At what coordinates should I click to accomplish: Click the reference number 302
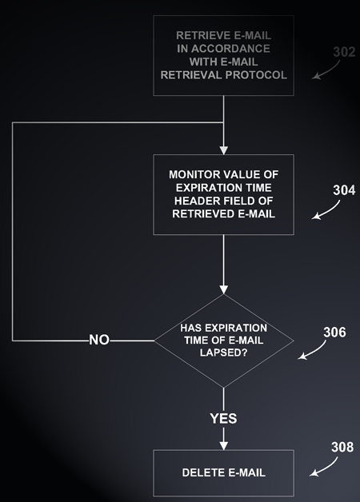click(344, 52)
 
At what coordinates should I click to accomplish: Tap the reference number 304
click(344, 190)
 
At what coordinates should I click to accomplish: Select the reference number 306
click(334, 333)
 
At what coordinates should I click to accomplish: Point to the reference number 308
click(342, 448)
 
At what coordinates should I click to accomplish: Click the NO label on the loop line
click(99, 340)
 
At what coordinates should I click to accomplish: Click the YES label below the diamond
click(223, 418)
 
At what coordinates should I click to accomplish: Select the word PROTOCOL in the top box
click(256, 75)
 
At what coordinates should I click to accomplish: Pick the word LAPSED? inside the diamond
click(223, 353)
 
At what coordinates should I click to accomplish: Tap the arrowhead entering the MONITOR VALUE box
click(223, 150)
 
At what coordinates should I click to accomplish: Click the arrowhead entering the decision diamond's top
click(223, 289)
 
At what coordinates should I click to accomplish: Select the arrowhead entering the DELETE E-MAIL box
click(223, 445)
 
